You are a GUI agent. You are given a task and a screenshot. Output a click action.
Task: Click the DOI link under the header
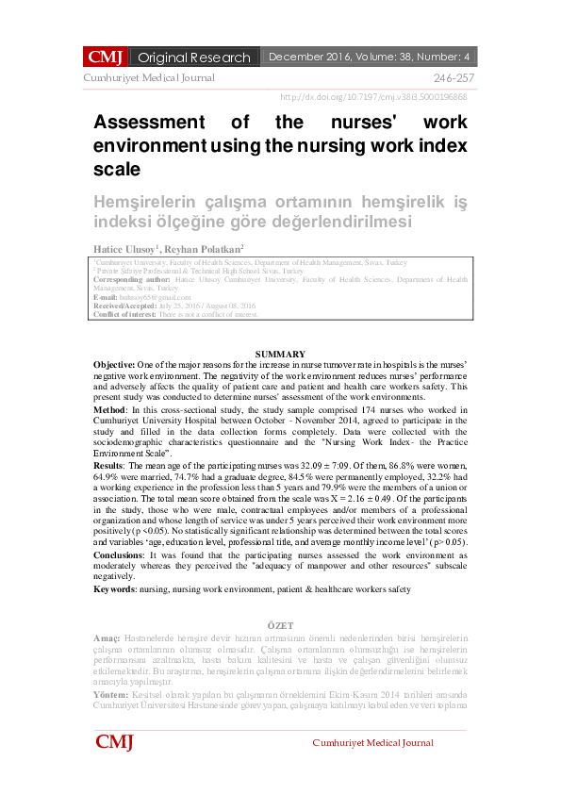pos(373,97)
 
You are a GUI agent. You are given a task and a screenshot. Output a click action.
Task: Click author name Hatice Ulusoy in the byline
pos(126,247)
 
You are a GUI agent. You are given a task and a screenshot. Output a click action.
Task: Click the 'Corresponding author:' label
pos(132,280)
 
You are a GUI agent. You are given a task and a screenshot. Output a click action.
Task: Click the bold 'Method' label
pos(109,408)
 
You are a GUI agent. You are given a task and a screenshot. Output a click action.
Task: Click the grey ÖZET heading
pos(280,626)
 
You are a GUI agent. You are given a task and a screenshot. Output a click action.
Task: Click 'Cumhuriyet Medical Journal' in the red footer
pos(373,743)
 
